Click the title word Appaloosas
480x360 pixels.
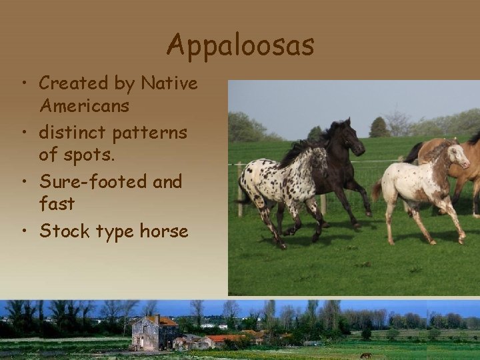[x=240, y=45]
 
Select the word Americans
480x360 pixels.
[x=85, y=106]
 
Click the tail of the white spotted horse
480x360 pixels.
[x=377, y=189]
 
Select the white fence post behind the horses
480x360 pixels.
[x=239, y=189]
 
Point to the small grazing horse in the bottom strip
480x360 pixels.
[x=365, y=355]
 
